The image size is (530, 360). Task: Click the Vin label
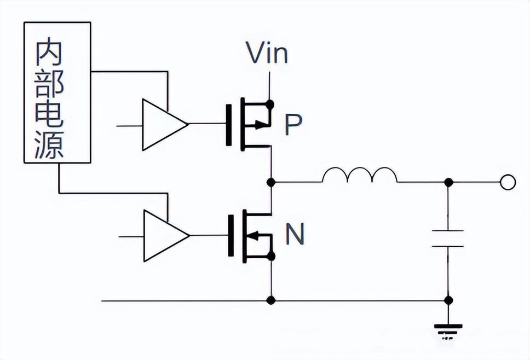click(267, 54)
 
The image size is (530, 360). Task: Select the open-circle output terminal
click(508, 182)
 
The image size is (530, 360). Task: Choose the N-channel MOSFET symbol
click(251, 236)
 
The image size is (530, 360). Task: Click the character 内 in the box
click(49, 53)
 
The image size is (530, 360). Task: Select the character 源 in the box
click(49, 145)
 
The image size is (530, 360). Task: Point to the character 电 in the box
click(49, 114)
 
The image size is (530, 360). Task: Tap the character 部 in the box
click(49, 83)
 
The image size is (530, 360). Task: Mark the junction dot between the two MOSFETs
click(270, 182)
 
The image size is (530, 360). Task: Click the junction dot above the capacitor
click(448, 182)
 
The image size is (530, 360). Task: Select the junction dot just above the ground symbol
click(448, 300)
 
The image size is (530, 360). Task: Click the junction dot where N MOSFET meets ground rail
click(270, 300)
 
